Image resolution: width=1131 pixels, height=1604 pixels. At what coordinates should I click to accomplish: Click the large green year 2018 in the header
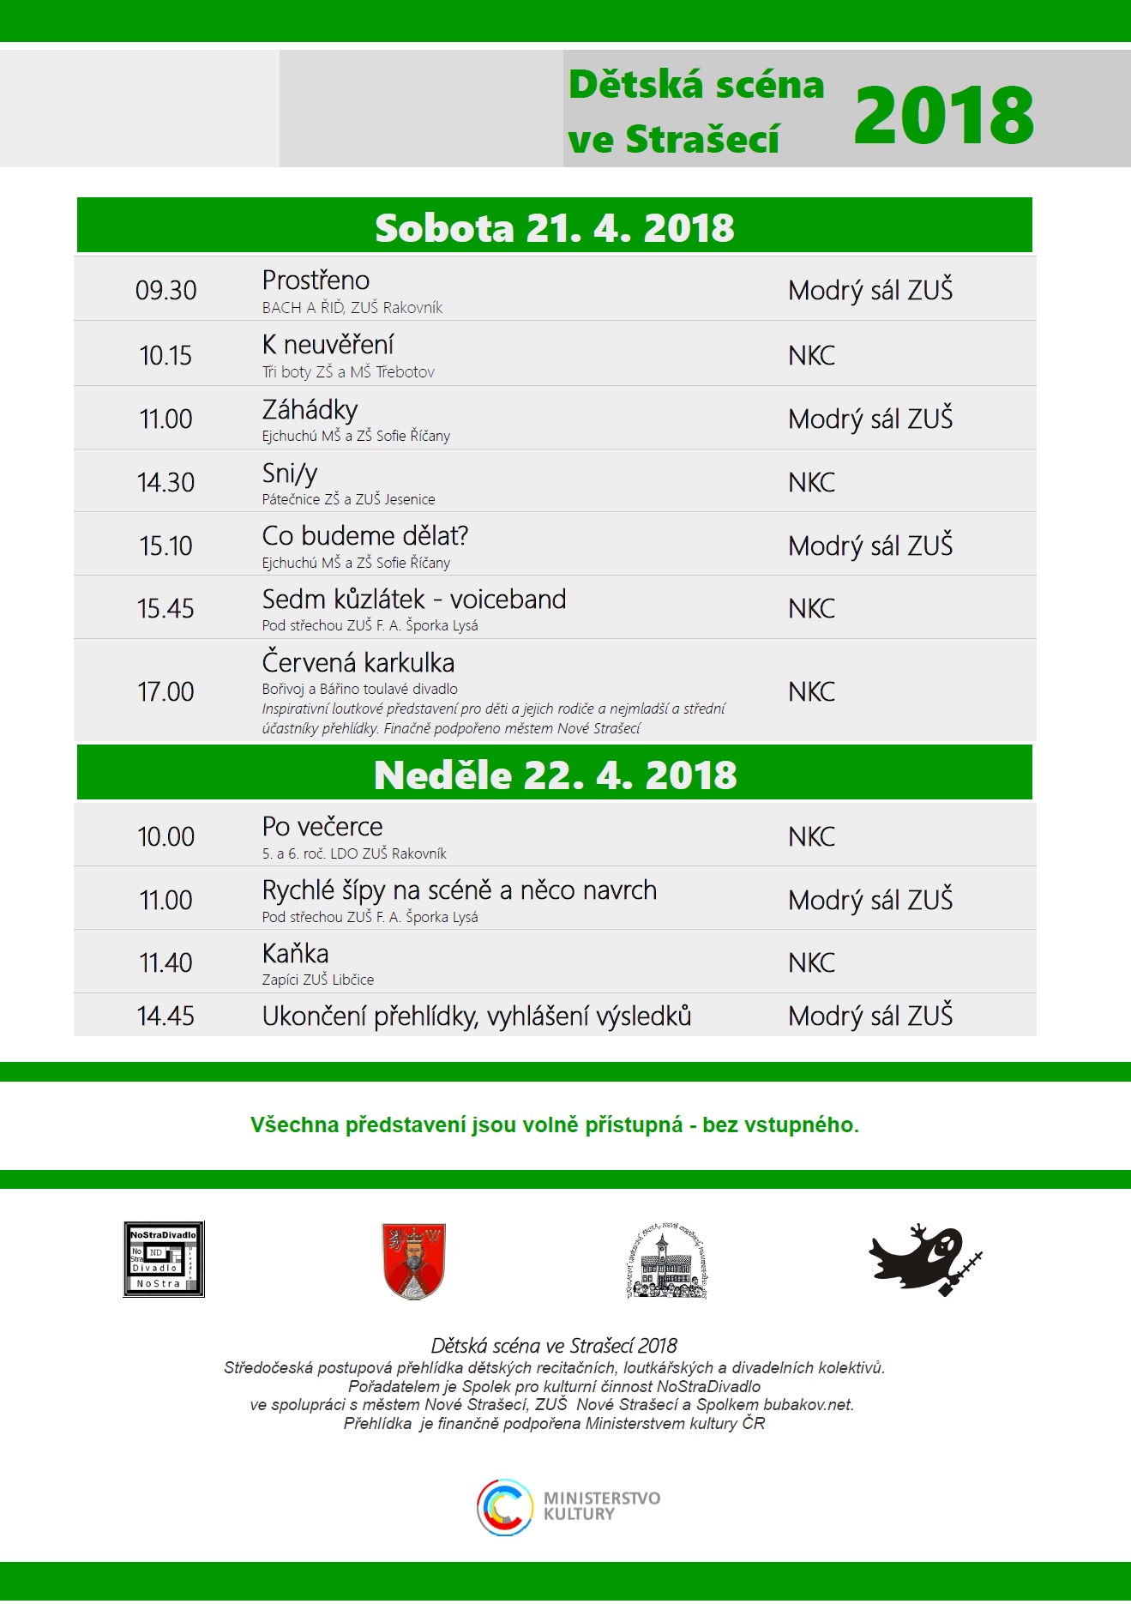pos(943,116)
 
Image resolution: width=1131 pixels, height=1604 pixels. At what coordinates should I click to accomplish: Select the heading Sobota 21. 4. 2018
pos(554,228)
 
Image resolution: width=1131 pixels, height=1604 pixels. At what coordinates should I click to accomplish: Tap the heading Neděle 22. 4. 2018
pos(555,775)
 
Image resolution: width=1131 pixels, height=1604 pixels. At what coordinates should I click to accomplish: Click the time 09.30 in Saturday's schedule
pos(165,291)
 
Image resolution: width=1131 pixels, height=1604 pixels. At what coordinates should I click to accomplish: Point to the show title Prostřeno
pos(316,280)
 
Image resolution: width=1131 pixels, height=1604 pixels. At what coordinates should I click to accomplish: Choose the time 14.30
pos(165,482)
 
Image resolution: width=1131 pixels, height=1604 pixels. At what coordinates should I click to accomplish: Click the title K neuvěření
pos(328,345)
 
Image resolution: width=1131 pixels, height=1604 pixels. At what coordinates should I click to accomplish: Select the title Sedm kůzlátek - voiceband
pos(413,599)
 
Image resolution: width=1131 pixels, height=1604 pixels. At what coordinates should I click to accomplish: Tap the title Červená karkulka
pos(358,662)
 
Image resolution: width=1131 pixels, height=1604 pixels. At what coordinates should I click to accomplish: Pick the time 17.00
pos(165,691)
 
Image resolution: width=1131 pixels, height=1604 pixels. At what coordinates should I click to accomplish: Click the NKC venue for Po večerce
pos(811,836)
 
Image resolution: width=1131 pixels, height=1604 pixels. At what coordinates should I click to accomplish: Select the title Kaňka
pos(295,954)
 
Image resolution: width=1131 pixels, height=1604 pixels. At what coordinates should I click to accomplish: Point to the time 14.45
pos(165,1016)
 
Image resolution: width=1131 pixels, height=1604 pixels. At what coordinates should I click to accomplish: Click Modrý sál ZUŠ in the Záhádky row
pos(869,419)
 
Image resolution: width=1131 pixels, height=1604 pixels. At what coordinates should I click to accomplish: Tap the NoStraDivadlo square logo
pos(164,1259)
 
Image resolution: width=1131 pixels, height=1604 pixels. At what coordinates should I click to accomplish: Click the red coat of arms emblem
pos(413,1261)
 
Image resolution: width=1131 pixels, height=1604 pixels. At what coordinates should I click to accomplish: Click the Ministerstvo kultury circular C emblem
pos(505,1507)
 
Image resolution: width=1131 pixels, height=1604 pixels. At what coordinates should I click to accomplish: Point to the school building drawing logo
pos(667,1261)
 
